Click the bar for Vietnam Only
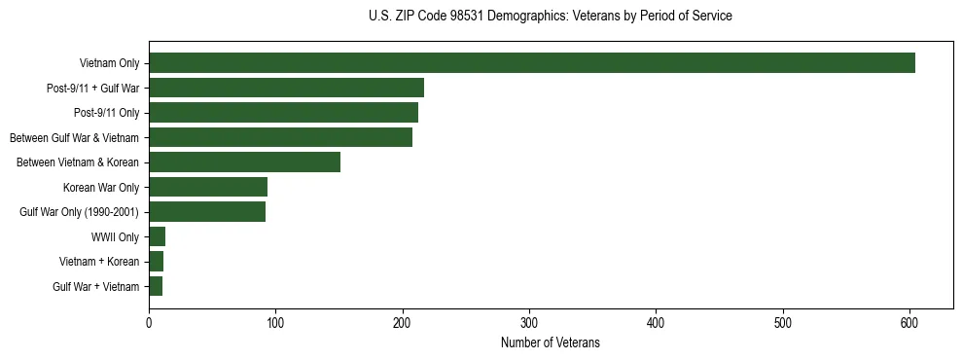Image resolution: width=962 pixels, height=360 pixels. (x=531, y=63)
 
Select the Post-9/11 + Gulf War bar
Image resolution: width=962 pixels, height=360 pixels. (x=286, y=88)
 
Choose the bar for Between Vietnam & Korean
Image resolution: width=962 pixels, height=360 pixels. (x=244, y=162)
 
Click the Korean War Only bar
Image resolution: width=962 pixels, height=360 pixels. (x=208, y=187)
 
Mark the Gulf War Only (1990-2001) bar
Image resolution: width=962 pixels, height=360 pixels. (x=207, y=212)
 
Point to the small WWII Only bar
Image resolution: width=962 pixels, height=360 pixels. (x=157, y=236)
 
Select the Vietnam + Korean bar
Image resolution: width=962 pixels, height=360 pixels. (x=156, y=262)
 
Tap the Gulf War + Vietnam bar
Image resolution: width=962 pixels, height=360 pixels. (x=156, y=286)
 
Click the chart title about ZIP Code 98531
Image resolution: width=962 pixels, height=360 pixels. (x=551, y=17)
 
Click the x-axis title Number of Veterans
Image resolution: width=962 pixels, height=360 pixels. (x=551, y=343)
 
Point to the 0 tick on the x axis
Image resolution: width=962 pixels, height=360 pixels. (x=149, y=323)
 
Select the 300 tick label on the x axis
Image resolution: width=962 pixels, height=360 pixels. (x=529, y=323)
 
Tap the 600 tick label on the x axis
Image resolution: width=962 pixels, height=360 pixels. (x=909, y=323)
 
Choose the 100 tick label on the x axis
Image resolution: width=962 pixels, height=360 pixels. (x=275, y=323)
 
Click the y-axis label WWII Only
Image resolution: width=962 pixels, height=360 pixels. (x=115, y=237)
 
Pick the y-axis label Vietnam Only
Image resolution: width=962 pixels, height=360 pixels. (x=109, y=64)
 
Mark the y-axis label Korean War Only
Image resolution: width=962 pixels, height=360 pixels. (x=101, y=188)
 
